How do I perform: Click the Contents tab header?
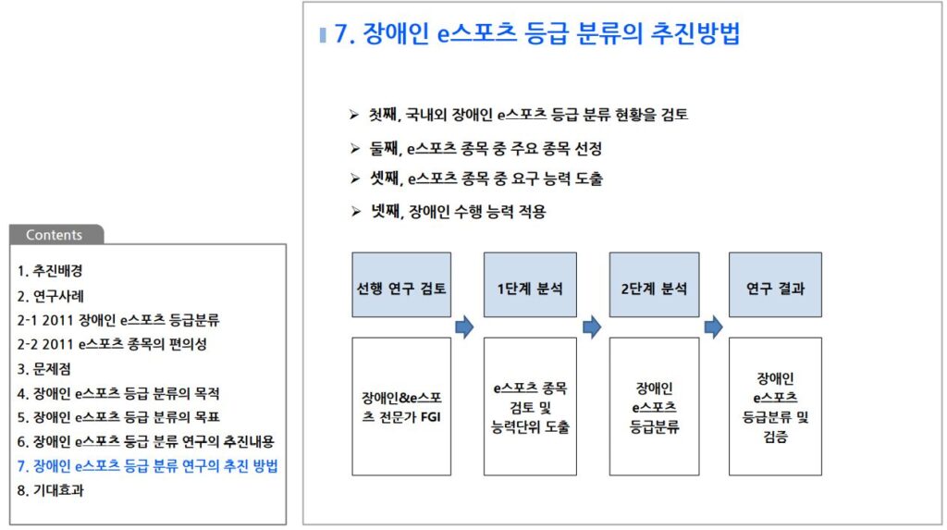pyautogui.click(x=54, y=235)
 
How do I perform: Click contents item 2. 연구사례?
pyautogui.click(x=51, y=297)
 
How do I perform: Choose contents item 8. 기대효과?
pyautogui.click(x=51, y=490)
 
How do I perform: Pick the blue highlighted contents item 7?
pyautogui.click(x=147, y=465)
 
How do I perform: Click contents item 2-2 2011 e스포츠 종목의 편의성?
pyautogui.click(x=112, y=344)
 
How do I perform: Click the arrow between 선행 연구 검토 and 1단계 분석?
pyautogui.click(x=464, y=327)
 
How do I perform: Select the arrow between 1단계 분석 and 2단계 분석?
pyautogui.click(x=592, y=327)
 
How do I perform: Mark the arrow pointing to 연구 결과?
pyautogui.click(x=713, y=327)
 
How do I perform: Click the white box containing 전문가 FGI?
pyautogui.click(x=401, y=407)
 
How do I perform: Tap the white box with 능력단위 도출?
pyautogui.click(x=530, y=407)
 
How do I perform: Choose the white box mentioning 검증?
pyautogui.click(x=775, y=407)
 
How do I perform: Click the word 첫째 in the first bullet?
pyautogui.click(x=382, y=116)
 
